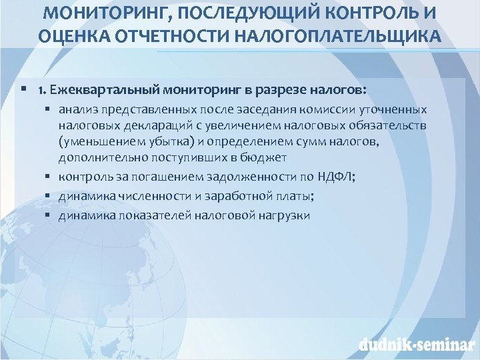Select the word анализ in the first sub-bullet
click(x=77, y=109)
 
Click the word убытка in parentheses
click(x=176, y=141)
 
